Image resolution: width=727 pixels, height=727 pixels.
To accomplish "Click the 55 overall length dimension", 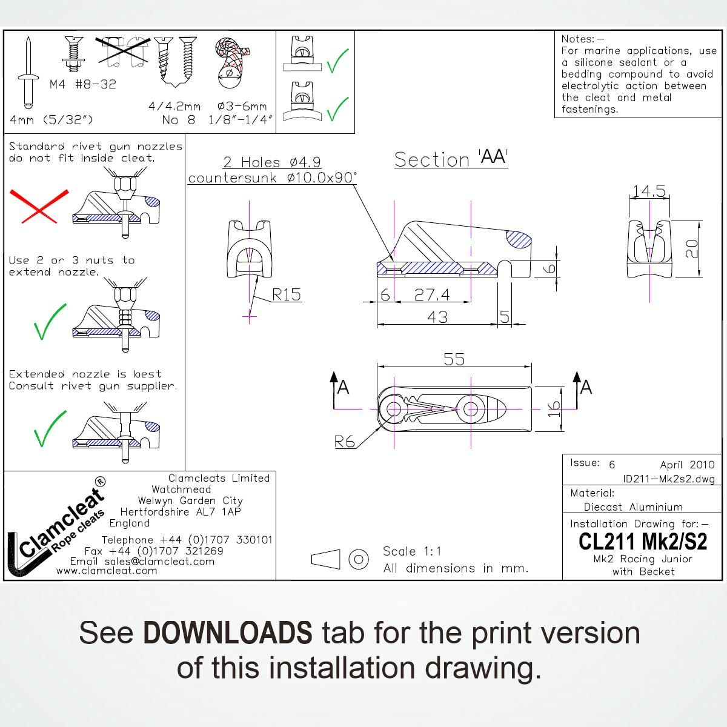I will pos(454,359).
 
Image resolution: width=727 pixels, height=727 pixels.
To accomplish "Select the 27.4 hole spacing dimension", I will pos(431,294).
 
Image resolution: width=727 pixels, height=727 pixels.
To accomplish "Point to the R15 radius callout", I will pos(286,294).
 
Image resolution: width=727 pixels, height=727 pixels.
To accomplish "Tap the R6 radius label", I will pos(345,442).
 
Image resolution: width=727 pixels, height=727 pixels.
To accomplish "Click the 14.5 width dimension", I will pos(649,191).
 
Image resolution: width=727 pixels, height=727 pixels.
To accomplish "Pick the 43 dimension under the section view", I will pos(437,316).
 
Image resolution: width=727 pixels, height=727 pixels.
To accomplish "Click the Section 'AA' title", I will pos(451,159).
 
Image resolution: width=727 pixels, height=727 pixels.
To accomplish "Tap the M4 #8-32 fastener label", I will pos(82,84).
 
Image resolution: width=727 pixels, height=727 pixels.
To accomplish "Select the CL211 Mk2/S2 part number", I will pos(643,541).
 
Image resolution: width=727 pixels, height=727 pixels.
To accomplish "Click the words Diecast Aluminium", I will pos(632,507).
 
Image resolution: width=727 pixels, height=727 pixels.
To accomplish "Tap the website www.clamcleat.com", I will pos(107,571).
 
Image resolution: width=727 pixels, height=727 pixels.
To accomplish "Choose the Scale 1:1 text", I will pos(412,551).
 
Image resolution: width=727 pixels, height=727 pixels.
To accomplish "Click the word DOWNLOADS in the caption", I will pos(228,632).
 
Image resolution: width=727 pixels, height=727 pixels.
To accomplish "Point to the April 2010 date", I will pos(687,465).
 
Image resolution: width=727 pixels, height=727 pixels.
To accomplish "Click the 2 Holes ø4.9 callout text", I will pos(271,162).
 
